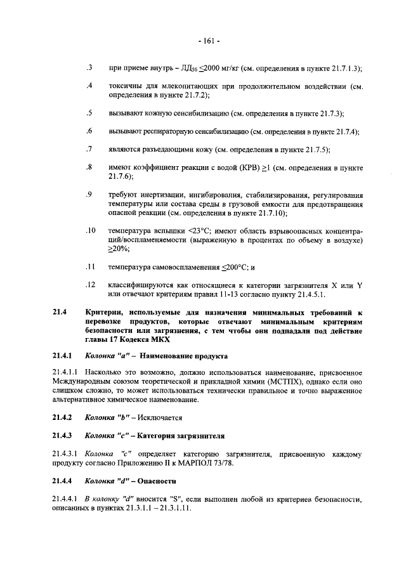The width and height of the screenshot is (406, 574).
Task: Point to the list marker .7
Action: (x=89, y=149)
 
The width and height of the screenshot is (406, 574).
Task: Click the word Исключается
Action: (x=157, y=418)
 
